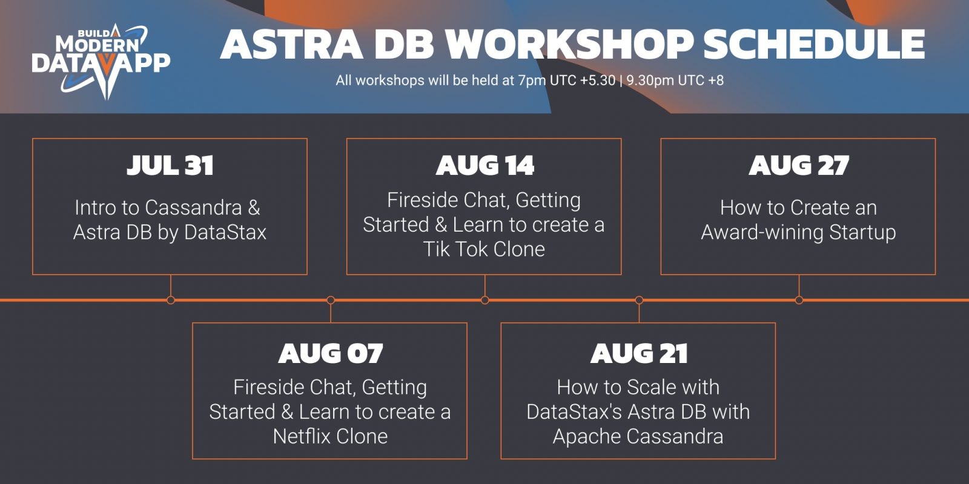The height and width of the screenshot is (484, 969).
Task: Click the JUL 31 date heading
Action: [x=170, y=166]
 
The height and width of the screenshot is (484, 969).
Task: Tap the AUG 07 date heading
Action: [x=331, y=353]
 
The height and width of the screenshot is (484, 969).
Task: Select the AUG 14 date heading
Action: [x=484, y=166]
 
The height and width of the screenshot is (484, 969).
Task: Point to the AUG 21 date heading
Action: [x=639, y=353]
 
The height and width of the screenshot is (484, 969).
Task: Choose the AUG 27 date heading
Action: [x=799, y=166]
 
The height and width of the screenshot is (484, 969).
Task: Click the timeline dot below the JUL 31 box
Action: [x=171, y=300]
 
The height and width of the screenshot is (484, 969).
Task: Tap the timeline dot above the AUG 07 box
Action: [x=331, y=300]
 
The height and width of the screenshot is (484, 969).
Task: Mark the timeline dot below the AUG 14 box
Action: [x=485, y=300]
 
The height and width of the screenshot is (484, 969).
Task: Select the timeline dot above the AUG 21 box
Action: [x=639, y=300]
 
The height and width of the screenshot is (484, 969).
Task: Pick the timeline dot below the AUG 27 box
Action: [x=799, y=300]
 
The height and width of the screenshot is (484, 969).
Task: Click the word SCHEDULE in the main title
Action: [x=815, y=44]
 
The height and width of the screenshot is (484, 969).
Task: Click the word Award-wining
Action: [x=762, y=232]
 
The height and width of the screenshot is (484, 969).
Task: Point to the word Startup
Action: [x=862, y=232]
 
